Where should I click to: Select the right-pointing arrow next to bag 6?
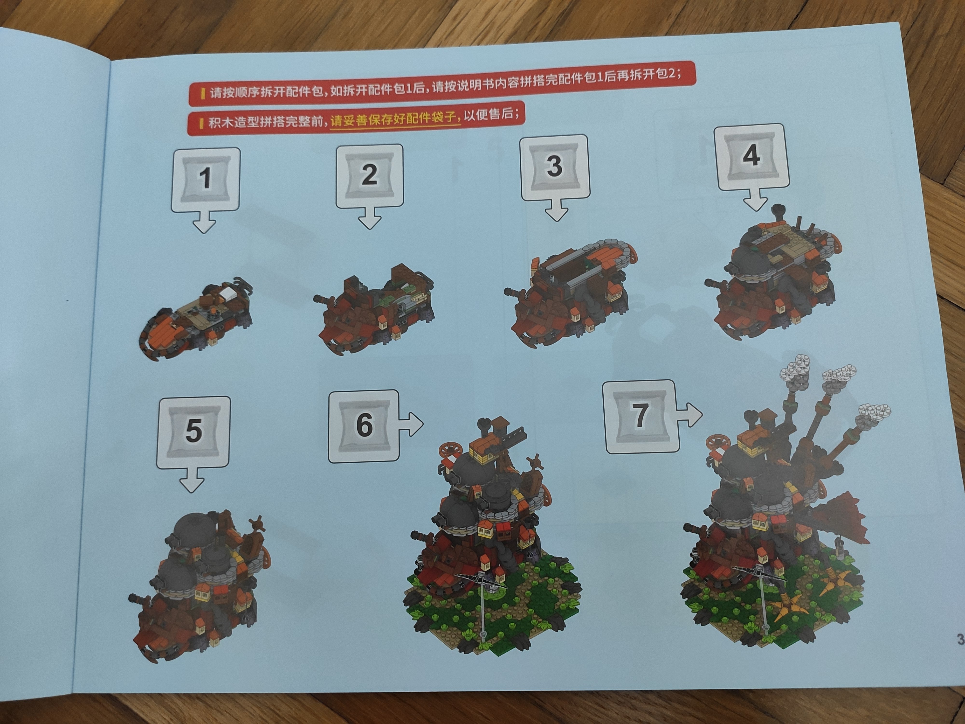(411, 423)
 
